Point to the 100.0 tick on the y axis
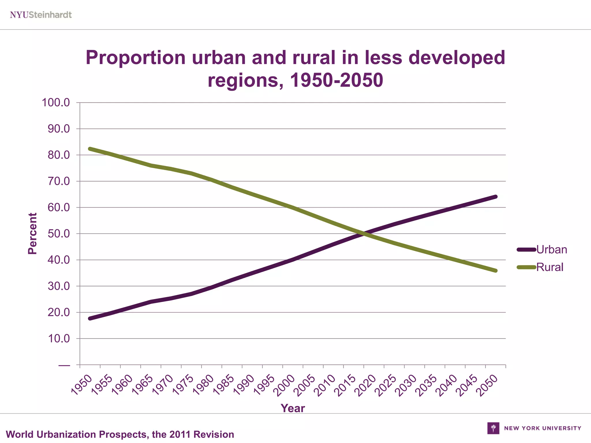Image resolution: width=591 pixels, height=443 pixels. tap(56, 102)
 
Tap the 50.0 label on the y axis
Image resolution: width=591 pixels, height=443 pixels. tap(59, 234)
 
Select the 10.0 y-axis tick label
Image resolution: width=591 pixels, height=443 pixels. tap(59, 339)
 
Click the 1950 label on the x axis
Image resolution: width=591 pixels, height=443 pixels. tap(82, 385)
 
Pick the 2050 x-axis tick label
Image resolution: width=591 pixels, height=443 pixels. tap(487, 385)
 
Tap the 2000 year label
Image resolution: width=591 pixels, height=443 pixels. tap(284, 385)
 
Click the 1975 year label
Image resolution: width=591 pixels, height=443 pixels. tap(183, 385)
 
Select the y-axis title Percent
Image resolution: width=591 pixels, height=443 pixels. tap(32, 234)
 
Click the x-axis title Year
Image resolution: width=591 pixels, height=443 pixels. tap(293, 408)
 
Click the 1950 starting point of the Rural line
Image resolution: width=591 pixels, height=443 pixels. tap(90, 149)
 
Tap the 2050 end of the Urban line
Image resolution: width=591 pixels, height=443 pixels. tap(495, 197)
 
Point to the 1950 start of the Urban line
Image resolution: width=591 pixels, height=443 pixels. tap(90, 318)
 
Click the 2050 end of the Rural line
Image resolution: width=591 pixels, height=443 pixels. tap(495, 271)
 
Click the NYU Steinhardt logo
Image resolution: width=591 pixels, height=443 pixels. tap(41, 15)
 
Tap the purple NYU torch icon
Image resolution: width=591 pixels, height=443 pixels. tap(493, 428)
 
